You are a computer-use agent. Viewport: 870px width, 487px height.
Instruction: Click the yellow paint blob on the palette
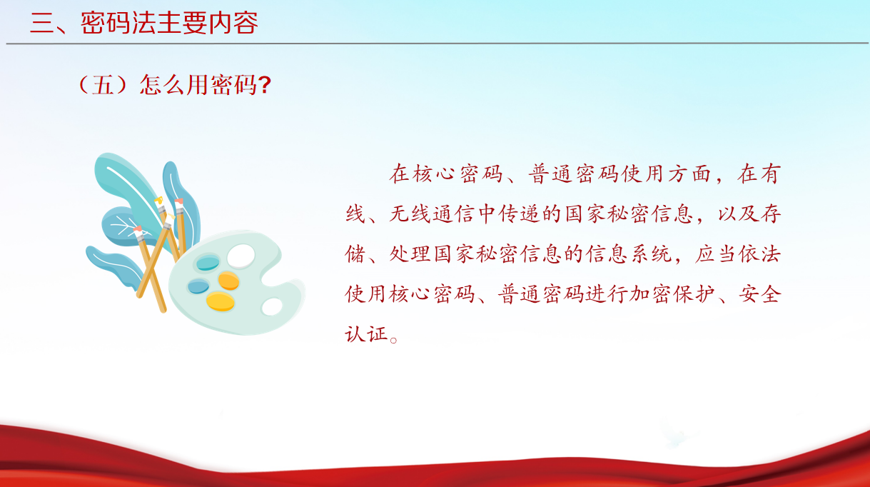pos(221,301)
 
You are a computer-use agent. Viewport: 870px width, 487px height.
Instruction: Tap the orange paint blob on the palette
pos(229,280)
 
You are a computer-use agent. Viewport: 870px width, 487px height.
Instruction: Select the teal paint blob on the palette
pos(208,262)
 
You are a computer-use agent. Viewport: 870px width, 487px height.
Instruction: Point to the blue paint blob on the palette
pos(198,286)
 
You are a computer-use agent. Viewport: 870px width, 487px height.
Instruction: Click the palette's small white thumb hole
pos(272,306)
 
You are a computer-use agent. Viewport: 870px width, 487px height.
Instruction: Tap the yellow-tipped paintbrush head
pos(159,201)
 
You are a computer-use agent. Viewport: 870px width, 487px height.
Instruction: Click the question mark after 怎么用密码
pos(265,85)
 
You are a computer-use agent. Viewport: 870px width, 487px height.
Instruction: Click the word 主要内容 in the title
pos(208,23)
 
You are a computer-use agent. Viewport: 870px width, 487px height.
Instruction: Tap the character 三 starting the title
pos(41,23)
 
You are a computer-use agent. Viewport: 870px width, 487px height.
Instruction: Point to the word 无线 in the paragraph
pos(410,214)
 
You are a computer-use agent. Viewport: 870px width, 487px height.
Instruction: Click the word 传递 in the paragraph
pos(520,214)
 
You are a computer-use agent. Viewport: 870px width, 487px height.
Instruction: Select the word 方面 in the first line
pos(689,174)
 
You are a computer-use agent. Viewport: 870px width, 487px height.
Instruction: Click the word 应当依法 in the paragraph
pos(737,254)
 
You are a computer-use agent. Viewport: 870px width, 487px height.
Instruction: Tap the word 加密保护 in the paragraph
pos(672,293)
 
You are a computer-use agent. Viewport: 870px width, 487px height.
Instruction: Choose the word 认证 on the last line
pos(366,334)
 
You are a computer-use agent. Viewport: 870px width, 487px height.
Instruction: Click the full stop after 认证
pos(393,341)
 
